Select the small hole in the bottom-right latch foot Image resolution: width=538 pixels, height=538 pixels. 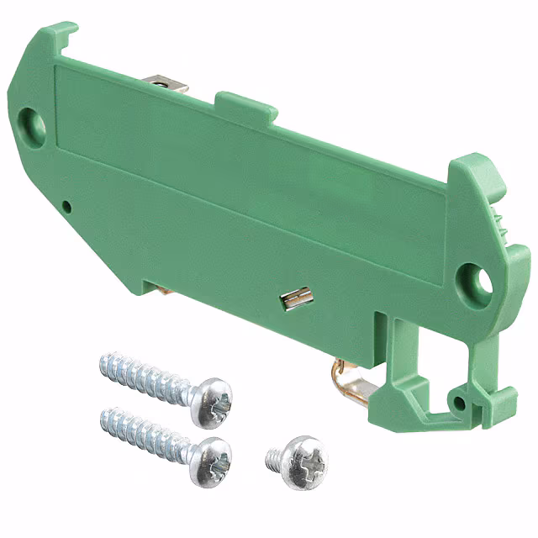(459, 403)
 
